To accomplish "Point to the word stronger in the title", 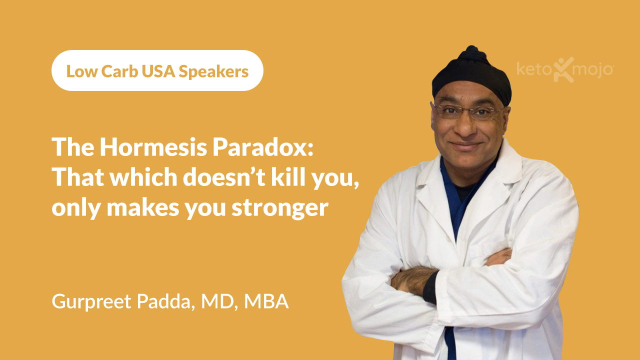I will (279, 207).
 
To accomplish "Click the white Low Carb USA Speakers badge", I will (157, 70).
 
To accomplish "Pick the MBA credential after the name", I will (266, 302).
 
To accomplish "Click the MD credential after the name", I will (218, 302).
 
